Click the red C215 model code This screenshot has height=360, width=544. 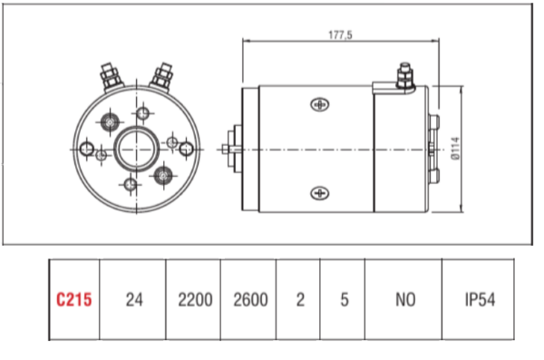click(x=74, y=299)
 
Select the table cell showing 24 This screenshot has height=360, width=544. click(x=134, y=299)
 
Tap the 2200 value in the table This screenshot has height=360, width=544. click(x=195, y=299)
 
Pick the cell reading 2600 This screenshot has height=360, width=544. click(x=250, y=299)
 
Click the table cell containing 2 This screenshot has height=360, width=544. click(x=300, y=299)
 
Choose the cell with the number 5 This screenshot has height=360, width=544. click(x=345, y=299)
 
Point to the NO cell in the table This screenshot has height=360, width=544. click(x=405, y=299)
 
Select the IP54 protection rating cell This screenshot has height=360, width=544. click(x=480, y=299)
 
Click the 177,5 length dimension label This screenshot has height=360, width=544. click(x=340, y=35)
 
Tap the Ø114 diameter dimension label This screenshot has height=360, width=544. click(x=455, y=149)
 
